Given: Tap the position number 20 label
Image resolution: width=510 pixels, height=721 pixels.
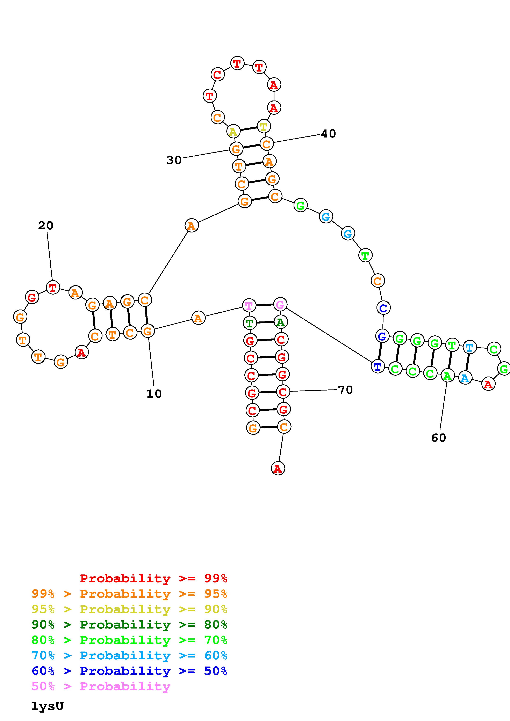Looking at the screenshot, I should (46, 225).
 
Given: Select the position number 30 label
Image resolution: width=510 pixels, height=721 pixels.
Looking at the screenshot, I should (174, 160).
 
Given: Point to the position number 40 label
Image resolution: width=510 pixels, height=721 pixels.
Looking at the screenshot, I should (328, 134).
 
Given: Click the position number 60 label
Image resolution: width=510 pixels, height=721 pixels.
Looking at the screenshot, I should (439, 438).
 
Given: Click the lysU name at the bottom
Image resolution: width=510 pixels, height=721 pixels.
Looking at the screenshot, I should (48, 706).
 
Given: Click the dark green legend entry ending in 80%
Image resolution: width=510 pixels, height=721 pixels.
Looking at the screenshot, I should (129, 625).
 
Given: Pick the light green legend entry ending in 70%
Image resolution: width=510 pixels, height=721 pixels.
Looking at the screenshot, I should (129, 640).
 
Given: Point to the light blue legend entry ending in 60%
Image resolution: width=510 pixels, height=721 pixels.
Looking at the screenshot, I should (129, 655).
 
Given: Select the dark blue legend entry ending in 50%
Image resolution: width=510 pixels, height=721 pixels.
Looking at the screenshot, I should (129, 671).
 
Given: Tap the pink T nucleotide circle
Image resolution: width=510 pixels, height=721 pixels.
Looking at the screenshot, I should (249, 305).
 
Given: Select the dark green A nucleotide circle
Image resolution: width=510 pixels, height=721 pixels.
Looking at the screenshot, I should (280, 322).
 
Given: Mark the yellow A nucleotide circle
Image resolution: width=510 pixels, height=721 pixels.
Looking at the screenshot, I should (233, 131).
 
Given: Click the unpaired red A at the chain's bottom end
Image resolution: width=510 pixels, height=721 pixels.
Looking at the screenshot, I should (278, 469).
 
